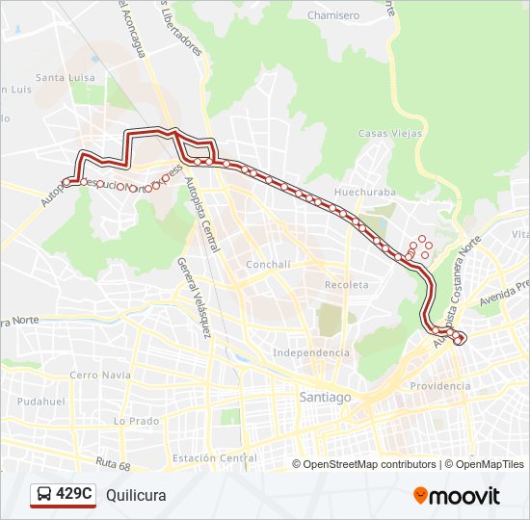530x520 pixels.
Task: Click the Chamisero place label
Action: click(332, 16)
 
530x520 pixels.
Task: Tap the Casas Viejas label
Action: click(389, 134)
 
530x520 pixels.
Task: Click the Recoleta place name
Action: click(346, 285)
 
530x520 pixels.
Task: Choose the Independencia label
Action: click(311, 353)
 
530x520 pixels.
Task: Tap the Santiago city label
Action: click(326, 397)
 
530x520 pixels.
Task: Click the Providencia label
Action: click(440, 386)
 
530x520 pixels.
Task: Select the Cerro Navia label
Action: click(99, 375)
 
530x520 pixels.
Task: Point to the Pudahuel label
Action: click(40, 400)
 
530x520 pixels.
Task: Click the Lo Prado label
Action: click(136, 421)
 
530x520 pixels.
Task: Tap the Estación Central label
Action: click(213, 458)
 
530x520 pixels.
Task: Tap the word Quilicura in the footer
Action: click(136, 495)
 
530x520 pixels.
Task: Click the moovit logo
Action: click(457, 496)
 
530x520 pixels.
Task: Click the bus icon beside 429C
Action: click(44, 495)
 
